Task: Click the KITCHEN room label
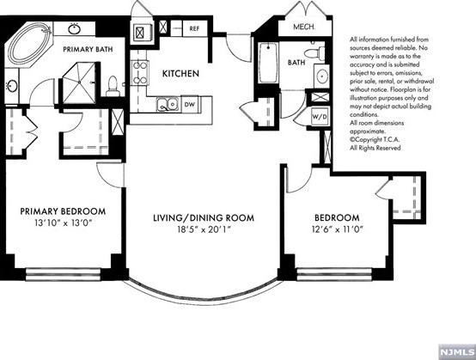[x=180, y=73]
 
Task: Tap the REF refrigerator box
[x=194, y=29]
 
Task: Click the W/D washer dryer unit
[x=320, y=116]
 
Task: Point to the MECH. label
[x=304, y=27]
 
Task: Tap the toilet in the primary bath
[x=113, y=87]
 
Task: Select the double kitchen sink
[x=168, y=104]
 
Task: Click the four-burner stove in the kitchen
[x=140, y=73]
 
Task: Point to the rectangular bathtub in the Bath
[x=268, y=63]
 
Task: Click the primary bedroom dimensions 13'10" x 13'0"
[x=63, y=223]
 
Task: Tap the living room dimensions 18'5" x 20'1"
[x=204, y=229]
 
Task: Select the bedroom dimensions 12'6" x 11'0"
[x=338, y=229]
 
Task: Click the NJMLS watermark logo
[x=457, y=352]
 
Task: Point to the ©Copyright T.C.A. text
[x=375, y=140]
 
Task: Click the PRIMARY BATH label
[x=88, y=49]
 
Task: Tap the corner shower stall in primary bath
[x=79, y=82]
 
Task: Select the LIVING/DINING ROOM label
[x=204, y=218]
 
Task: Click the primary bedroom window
[x=63, y=274]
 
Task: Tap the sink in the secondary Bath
[x=321, y=76]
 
